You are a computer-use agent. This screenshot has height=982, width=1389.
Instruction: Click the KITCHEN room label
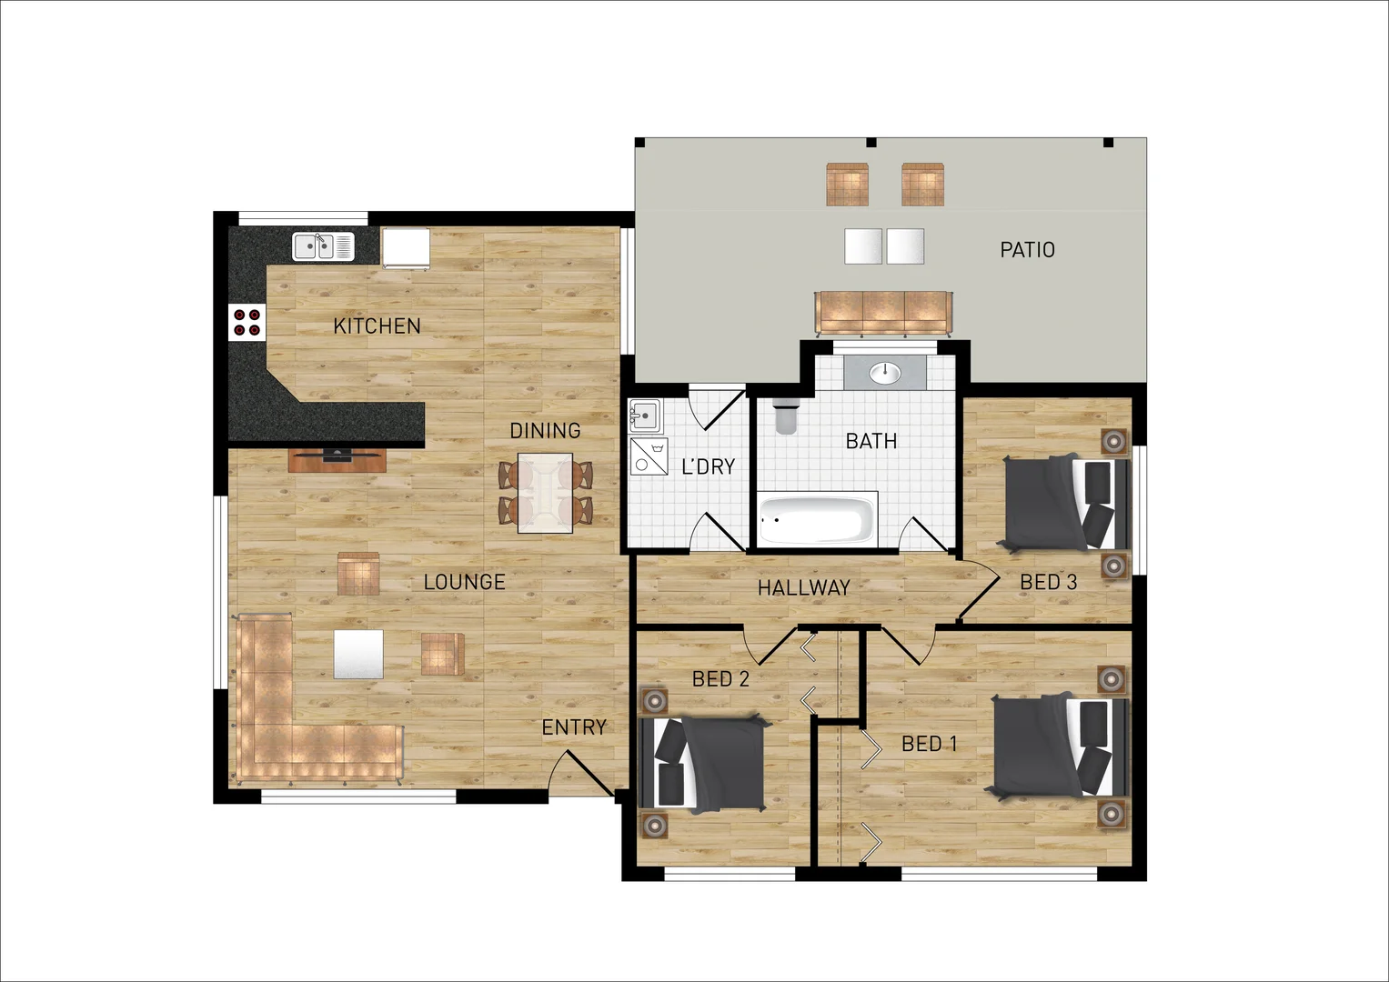pos(377,326)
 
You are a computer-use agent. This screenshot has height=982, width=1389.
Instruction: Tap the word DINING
pos(545,430)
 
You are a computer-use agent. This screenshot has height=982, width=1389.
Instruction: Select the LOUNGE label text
pos(464,582)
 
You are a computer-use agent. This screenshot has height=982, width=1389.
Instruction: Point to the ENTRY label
pos(574,727)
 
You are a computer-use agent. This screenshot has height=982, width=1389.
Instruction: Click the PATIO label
pos(1027,249)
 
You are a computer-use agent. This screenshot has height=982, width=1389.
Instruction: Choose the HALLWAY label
pos(803,588)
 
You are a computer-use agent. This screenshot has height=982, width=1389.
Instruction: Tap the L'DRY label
pos(708,466)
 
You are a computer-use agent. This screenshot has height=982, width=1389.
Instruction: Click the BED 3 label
pos(1048,582)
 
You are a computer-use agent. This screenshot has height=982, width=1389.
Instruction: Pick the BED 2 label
pos(720,679)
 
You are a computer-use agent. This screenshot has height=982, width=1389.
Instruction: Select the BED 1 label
pos(929,744)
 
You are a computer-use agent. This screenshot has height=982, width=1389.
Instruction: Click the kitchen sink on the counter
pos(323,246)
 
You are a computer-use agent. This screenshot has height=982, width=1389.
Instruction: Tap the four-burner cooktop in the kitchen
pos(247,322)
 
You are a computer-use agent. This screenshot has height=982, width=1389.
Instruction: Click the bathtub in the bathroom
pos(816,519)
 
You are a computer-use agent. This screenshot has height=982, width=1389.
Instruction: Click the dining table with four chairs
pos(545,492)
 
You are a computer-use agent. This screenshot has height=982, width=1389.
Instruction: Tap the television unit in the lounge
pos(337,459)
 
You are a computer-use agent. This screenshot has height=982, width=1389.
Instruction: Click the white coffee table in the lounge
pos(358,654)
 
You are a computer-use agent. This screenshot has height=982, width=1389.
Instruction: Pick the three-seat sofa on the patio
pos(883,311)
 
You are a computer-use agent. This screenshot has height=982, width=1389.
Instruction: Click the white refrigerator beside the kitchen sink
pos(405,247)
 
